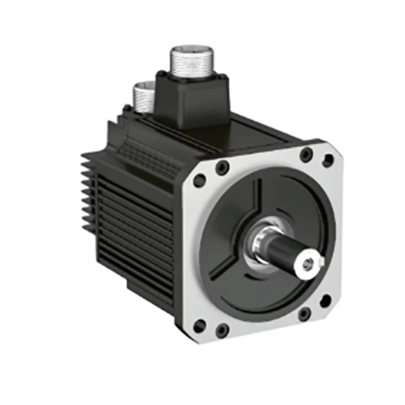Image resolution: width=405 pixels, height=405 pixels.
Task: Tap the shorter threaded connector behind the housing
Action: pos(144,95)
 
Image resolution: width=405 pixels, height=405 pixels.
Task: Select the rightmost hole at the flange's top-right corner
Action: pos(327,160)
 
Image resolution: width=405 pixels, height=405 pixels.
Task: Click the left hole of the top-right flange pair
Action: pos(305,154)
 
